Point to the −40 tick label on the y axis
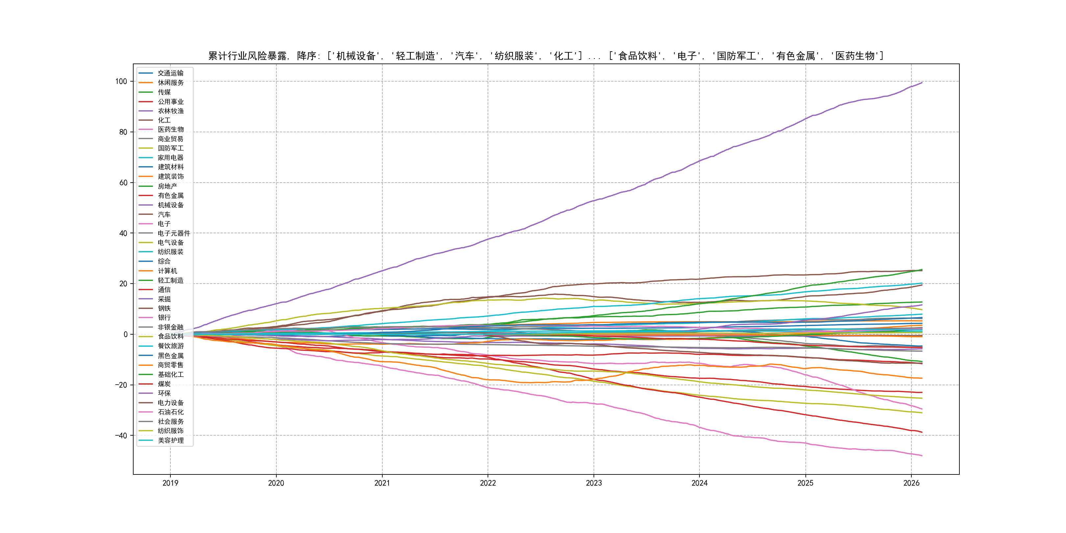click(x=121, y=435)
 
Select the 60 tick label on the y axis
click(x=123, y=183)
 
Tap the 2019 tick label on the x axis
click(x=170, y=483)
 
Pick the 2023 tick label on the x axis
click(x=594, y=483)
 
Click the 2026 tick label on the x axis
click(x=911, y=483)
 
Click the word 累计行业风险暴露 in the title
click(x=247, y=56)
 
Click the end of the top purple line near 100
click(x=922, y=83)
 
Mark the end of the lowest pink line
click(x=922, y=456)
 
